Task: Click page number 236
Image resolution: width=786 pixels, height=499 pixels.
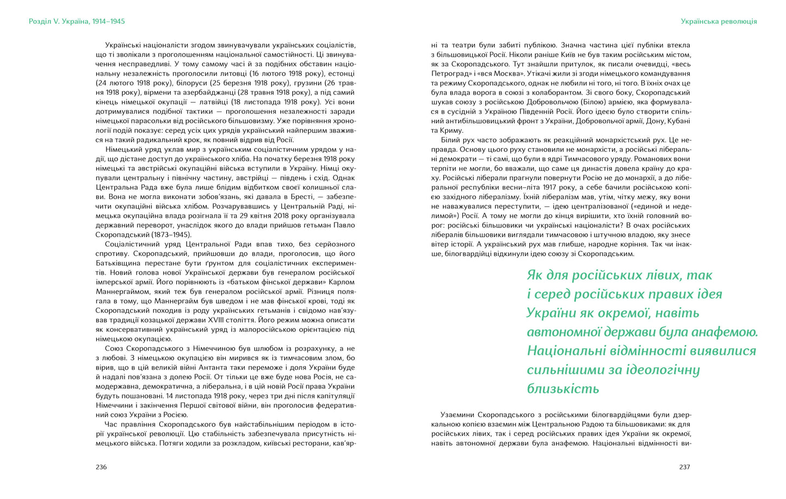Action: pyautogui.click(x=101, y=467)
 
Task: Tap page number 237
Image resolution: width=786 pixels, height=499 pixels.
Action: pyautogui.click(x=684, y=467)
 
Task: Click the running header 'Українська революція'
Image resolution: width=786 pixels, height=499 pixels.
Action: pyautogui.click(x=719, y=21)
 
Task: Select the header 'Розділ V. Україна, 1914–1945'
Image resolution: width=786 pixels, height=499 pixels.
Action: pyautogui.click(x=77, y=21)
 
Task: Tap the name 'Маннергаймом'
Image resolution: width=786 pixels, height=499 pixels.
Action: pyautogui.click(x=120, y=292)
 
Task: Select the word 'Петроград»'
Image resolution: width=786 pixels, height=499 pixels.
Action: pyautogui.click(x=451, y=73)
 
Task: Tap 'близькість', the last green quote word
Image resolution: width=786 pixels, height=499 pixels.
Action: pyautogui.click(x=555, y=389)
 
